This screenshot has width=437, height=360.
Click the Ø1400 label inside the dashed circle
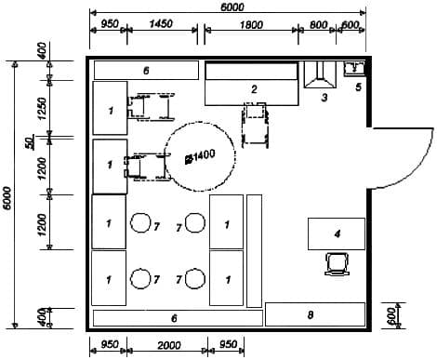(x=200, y=156)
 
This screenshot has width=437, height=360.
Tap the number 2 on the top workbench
(x=254, y=89)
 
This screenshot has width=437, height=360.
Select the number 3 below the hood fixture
(x=324, y=98)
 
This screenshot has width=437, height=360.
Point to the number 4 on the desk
(x=338, y=233)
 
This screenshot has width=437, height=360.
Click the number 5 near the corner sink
(x=358, y=87)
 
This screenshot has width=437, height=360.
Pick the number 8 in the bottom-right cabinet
(x=311, y=315)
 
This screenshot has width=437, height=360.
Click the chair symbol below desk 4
(x=337, y=264)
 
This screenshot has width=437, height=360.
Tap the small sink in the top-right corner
(x=355, y=68)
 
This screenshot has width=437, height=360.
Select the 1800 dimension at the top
(x=252, y=25)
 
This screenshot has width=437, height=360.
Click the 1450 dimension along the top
(x=161, y=23)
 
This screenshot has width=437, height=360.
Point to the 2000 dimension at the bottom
(x=169, y=345)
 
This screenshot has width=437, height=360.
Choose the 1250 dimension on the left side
(x=42, y=109)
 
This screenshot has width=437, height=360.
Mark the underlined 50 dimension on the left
(x=30, y=143)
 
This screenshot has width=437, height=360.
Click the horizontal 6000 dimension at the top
(x=232, y=7)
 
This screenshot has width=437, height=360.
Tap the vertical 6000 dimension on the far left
(x=8, y=198)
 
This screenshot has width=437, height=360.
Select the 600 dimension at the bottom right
(x=391, y=316)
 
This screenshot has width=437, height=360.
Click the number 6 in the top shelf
(x=146, y=71)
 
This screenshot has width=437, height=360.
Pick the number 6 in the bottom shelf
(x=174, y=318)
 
